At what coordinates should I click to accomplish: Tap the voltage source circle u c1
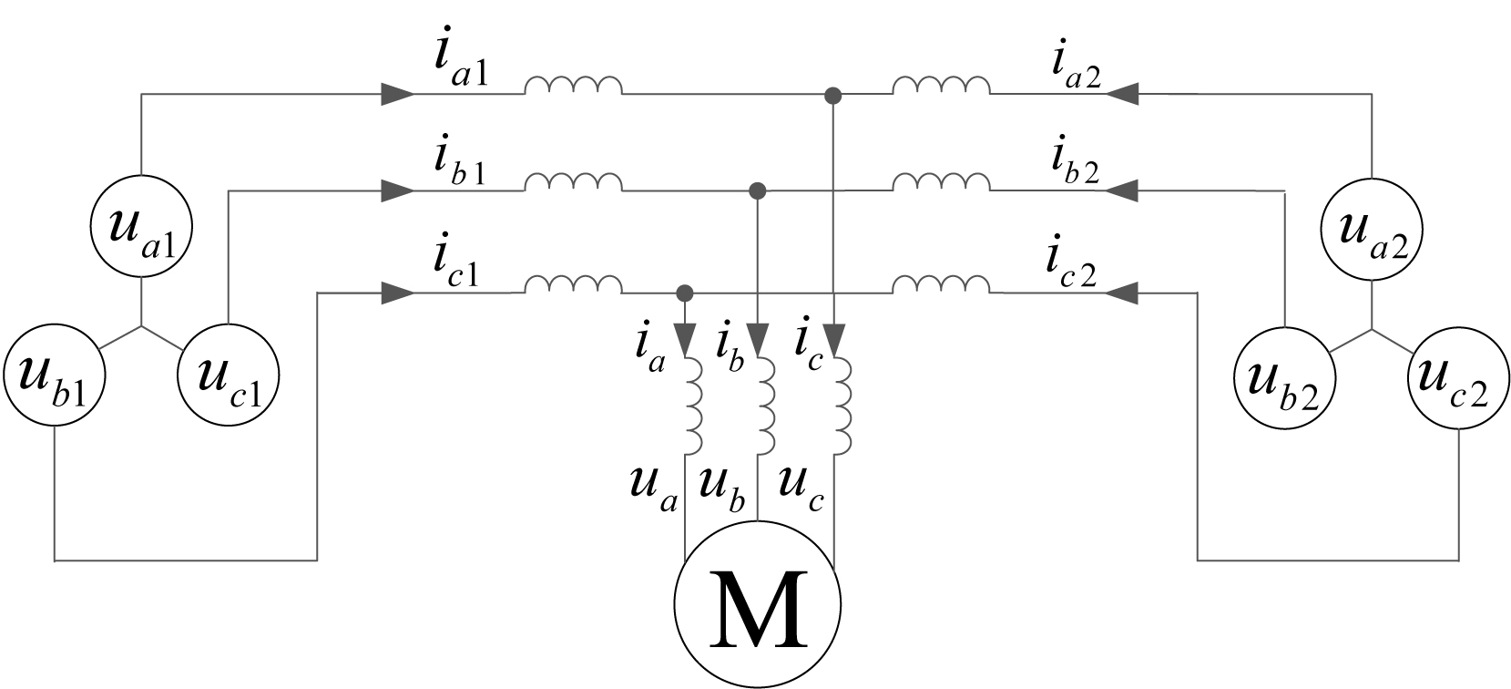(227, 375)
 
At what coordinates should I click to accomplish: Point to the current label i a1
(461, 63)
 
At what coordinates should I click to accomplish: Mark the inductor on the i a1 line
(573, 87)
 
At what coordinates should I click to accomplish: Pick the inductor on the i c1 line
(573, 286)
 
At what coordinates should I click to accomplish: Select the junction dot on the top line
(832, 94)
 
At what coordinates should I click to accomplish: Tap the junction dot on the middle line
(757, 190)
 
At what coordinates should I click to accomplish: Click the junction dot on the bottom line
(686, 293)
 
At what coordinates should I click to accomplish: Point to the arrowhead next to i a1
(396, 93)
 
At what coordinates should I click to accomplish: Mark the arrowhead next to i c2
(1123, 293)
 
